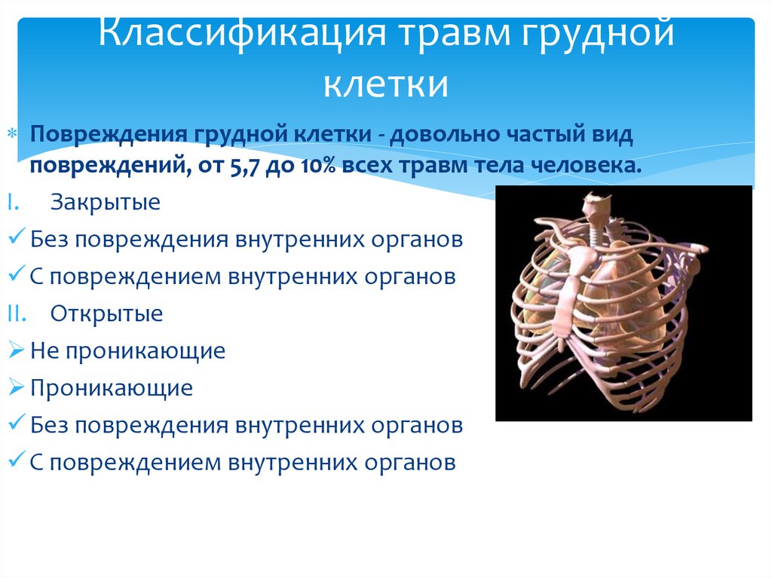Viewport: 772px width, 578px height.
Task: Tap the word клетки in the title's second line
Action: [x=386, y=84]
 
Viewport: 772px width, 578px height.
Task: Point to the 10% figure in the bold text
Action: [x=319, y=166]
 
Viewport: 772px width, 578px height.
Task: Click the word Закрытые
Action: [x=106, y=203]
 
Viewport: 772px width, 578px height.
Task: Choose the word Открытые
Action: [x=107, y=313]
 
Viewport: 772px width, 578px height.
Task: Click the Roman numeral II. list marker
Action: [x=20, y=313]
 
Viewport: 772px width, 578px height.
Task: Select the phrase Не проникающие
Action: [x=128, y=350]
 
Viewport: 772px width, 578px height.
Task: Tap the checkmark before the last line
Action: [x=19, y=461]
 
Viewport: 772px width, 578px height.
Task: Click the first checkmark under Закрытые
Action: [x=19, y=240]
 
